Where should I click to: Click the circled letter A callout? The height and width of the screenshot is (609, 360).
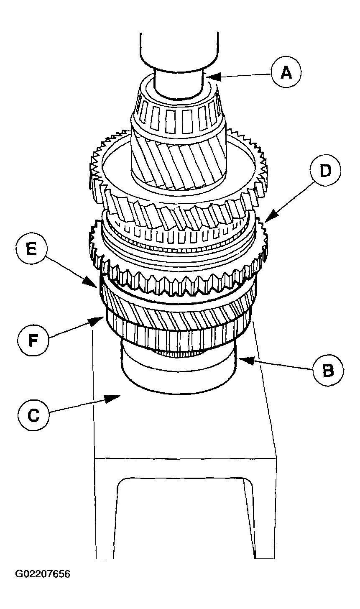286,74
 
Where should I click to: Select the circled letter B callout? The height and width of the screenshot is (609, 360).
328,370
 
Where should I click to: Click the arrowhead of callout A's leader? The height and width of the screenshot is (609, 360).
208,77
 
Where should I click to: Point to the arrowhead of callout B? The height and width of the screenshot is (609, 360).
239,359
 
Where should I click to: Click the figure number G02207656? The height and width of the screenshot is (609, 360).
43,573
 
